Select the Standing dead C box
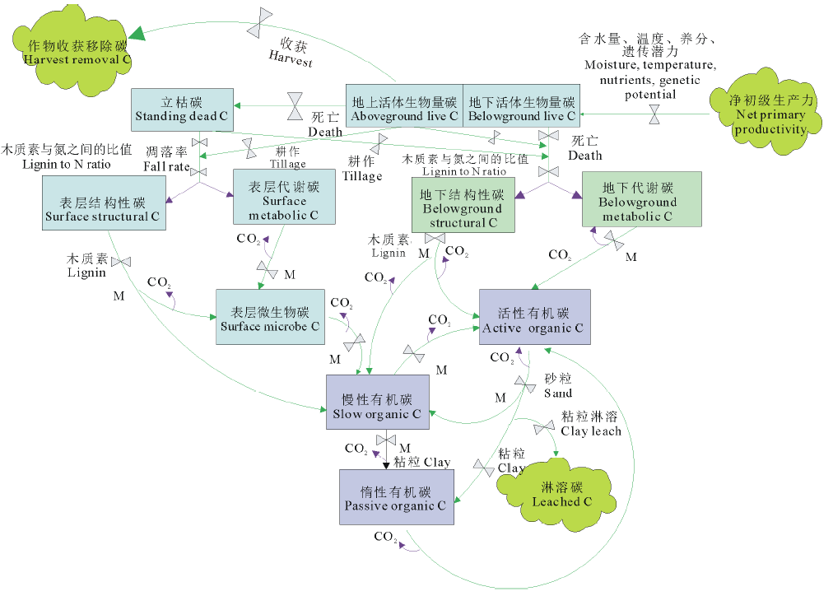182,109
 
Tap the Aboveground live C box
404,109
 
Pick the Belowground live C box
521,109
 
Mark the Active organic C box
533,320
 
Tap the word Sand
557,393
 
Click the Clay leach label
590,431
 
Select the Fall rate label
166,167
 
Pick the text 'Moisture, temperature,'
649,64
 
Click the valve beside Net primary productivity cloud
654,114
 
